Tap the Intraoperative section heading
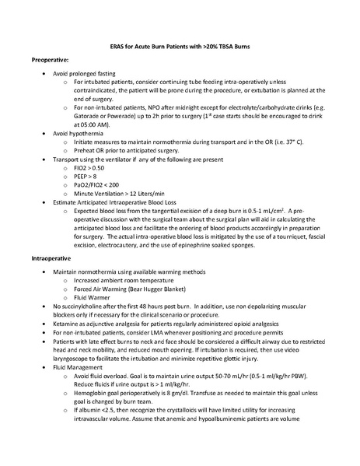click(54, 256)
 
